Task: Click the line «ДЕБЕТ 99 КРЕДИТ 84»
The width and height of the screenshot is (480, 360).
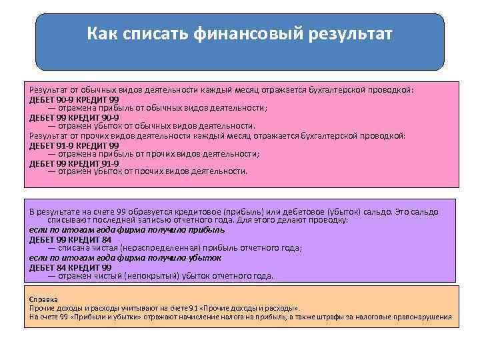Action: (70, 238)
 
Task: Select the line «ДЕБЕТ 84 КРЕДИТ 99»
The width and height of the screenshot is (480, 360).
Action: (70, 267)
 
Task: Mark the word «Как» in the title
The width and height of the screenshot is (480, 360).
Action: (102, 33)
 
